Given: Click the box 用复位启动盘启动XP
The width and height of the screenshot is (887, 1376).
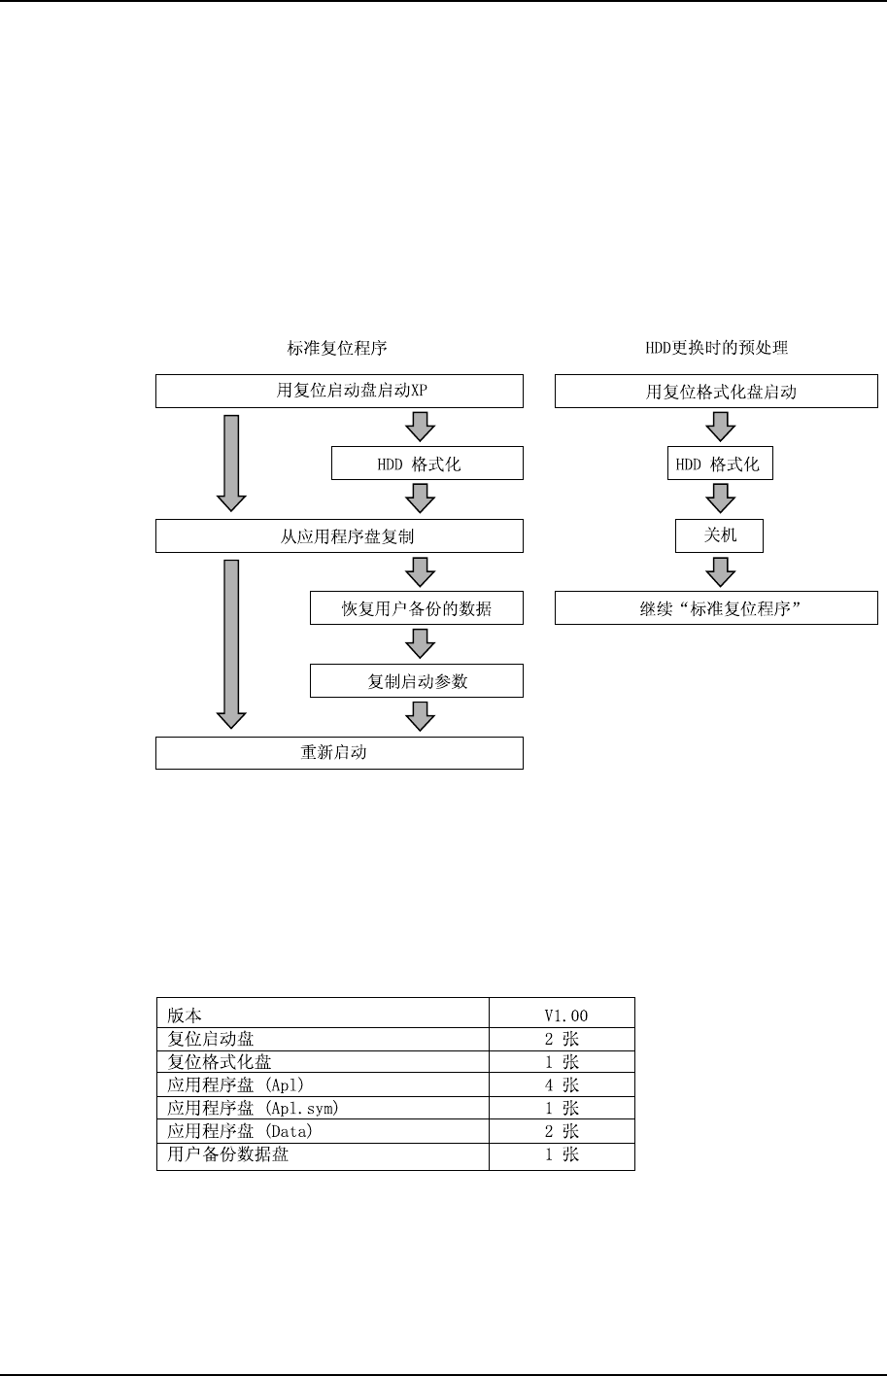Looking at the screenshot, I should pos(339,392).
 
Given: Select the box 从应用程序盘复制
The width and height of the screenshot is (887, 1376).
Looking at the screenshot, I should pos(339,536).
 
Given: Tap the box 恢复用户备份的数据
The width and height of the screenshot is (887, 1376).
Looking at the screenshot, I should pos(416,608).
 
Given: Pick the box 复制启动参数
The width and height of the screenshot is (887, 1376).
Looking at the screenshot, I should pos(416,681).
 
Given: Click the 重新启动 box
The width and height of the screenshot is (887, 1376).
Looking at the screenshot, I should pos(339,753).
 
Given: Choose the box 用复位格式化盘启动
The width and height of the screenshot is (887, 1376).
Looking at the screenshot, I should pos(716,392).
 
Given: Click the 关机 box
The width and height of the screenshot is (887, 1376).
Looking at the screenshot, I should pos(719,536).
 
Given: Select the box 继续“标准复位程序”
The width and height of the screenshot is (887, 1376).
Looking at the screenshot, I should pos(716,608).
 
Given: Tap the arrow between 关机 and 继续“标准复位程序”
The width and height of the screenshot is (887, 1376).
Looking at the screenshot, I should pos(719,571).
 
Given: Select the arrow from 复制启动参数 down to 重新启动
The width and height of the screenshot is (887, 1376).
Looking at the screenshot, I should pos(420,716).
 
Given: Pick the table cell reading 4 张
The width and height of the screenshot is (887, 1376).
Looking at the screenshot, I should pos(562,1084).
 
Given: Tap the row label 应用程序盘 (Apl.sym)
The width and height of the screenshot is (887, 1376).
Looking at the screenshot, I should pos(253,1108).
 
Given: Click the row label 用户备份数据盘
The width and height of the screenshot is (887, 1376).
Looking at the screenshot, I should pos(227,1154).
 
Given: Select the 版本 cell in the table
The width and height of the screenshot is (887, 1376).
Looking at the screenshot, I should pos(186,1015).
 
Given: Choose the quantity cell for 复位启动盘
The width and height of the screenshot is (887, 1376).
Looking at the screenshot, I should pos(562,1039).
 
